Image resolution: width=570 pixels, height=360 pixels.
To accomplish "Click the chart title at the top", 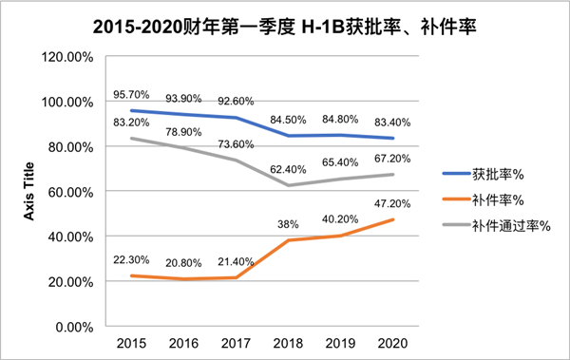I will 285,29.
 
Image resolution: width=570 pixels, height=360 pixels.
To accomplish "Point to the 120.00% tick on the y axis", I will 66,57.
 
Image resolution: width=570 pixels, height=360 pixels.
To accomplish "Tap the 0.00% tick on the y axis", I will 72,327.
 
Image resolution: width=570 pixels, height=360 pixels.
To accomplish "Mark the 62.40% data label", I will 290,170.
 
